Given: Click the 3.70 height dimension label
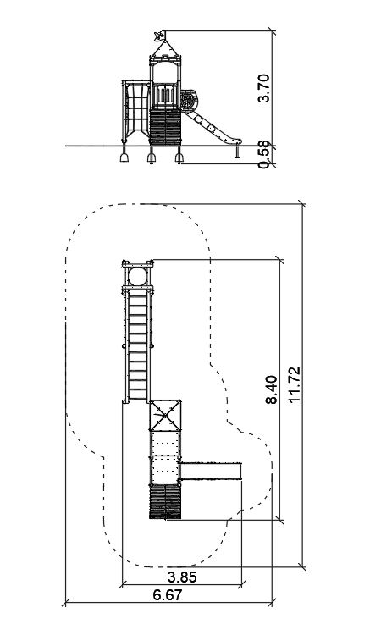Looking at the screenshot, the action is tap(263, 88).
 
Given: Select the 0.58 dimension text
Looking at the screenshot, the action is tap(263, 155).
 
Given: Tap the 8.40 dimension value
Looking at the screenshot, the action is tap(272, 390).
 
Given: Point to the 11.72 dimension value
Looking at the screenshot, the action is tap(295, 384).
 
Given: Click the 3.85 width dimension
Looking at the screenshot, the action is tap(182, 577).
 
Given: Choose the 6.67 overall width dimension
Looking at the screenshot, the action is tap(168, 595).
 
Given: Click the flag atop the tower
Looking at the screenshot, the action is tap(159, 36).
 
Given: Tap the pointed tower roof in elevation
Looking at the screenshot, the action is tap(165, 48).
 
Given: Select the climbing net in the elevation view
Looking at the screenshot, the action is tap(137, 110).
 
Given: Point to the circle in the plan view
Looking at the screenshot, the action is tap(138, 277).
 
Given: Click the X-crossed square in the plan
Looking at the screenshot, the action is tap(165, 415).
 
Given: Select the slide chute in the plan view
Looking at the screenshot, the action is tap(211, 472).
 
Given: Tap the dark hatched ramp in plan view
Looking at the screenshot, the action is tap(165, 502).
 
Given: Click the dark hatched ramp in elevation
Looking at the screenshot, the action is tap(165, 127).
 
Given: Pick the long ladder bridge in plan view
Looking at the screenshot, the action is tap(138, 345).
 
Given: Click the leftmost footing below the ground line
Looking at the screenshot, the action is tap(124, 156).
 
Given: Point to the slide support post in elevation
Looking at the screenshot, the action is tap(237, 152).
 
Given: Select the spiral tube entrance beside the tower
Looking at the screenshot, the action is tap(188, 100).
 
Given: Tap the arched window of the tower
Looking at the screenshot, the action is tap(165, 72).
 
